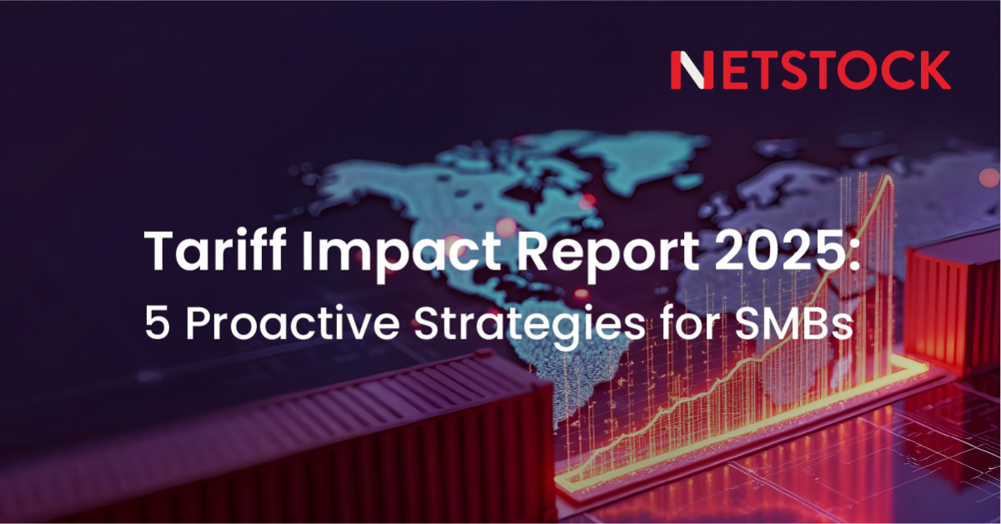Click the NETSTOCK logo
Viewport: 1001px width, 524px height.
(810, 70)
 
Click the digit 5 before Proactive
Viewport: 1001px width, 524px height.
(158, 323)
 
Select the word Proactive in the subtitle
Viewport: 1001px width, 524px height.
(292, 323)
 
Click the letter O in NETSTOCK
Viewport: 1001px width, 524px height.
(856, 70)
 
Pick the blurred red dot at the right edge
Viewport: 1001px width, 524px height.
(990, 178)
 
